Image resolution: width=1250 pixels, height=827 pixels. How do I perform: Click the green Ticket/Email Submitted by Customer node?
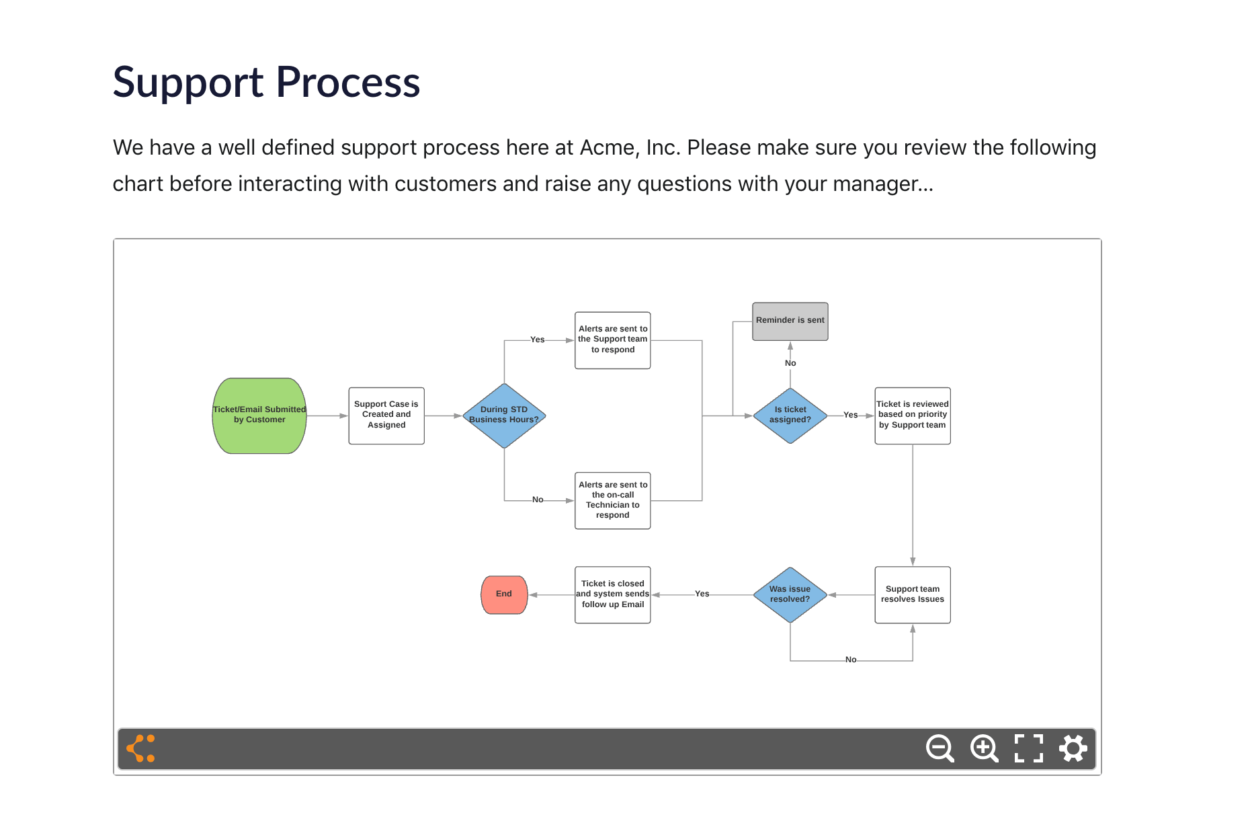point(259,416)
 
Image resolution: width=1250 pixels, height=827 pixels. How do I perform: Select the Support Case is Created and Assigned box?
point(386,416)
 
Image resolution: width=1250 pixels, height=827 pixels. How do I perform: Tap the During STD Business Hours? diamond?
point(504,416)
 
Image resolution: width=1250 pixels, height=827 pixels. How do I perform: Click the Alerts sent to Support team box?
point(612,340)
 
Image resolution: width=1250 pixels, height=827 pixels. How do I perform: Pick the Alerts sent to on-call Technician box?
point(612,500)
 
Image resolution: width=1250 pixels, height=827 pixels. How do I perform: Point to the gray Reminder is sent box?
point(790,321)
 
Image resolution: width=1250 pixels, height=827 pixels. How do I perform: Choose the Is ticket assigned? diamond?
point(790,416)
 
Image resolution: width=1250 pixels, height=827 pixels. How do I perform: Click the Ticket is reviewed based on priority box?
point(912,416)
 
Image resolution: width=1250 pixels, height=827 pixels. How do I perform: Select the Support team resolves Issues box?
point(912,594)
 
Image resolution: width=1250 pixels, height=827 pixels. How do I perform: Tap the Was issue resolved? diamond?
point(790,594)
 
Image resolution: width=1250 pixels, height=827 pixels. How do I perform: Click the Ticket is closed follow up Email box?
point(612,594)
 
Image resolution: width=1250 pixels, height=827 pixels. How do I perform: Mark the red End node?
point(504,594)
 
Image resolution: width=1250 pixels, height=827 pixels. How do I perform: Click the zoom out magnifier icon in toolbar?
point(940,748)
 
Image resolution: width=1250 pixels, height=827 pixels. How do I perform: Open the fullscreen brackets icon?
point(1028,748)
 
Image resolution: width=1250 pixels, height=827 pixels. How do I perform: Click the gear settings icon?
point(1073,748)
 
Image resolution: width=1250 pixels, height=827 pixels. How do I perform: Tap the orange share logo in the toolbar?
point(141,748)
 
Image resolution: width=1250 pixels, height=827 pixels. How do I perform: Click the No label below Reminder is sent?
point(790,363)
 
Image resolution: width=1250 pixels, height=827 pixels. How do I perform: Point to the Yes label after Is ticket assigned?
point(850,415)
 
